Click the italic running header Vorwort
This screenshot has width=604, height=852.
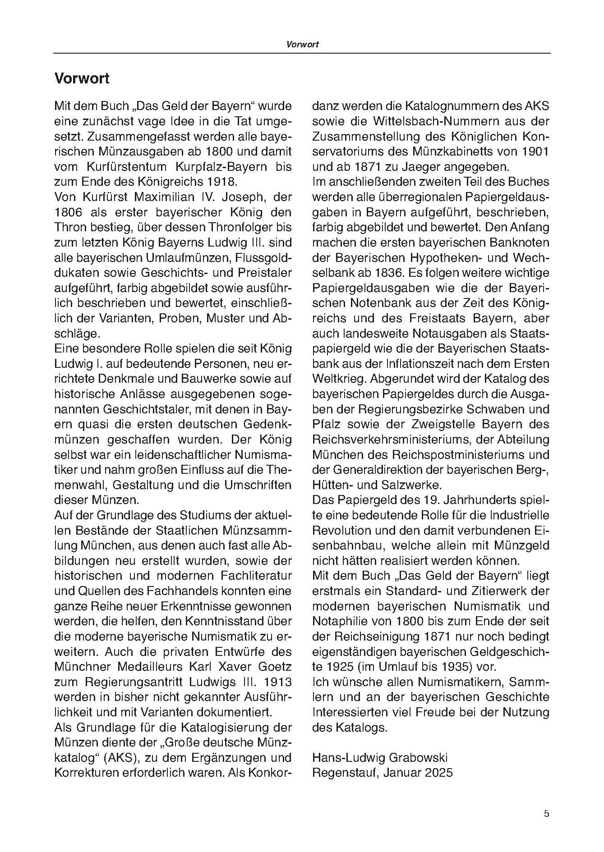tap(302, 44)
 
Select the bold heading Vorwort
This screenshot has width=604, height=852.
tap(82, 78)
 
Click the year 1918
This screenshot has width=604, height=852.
tap(219, 182)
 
